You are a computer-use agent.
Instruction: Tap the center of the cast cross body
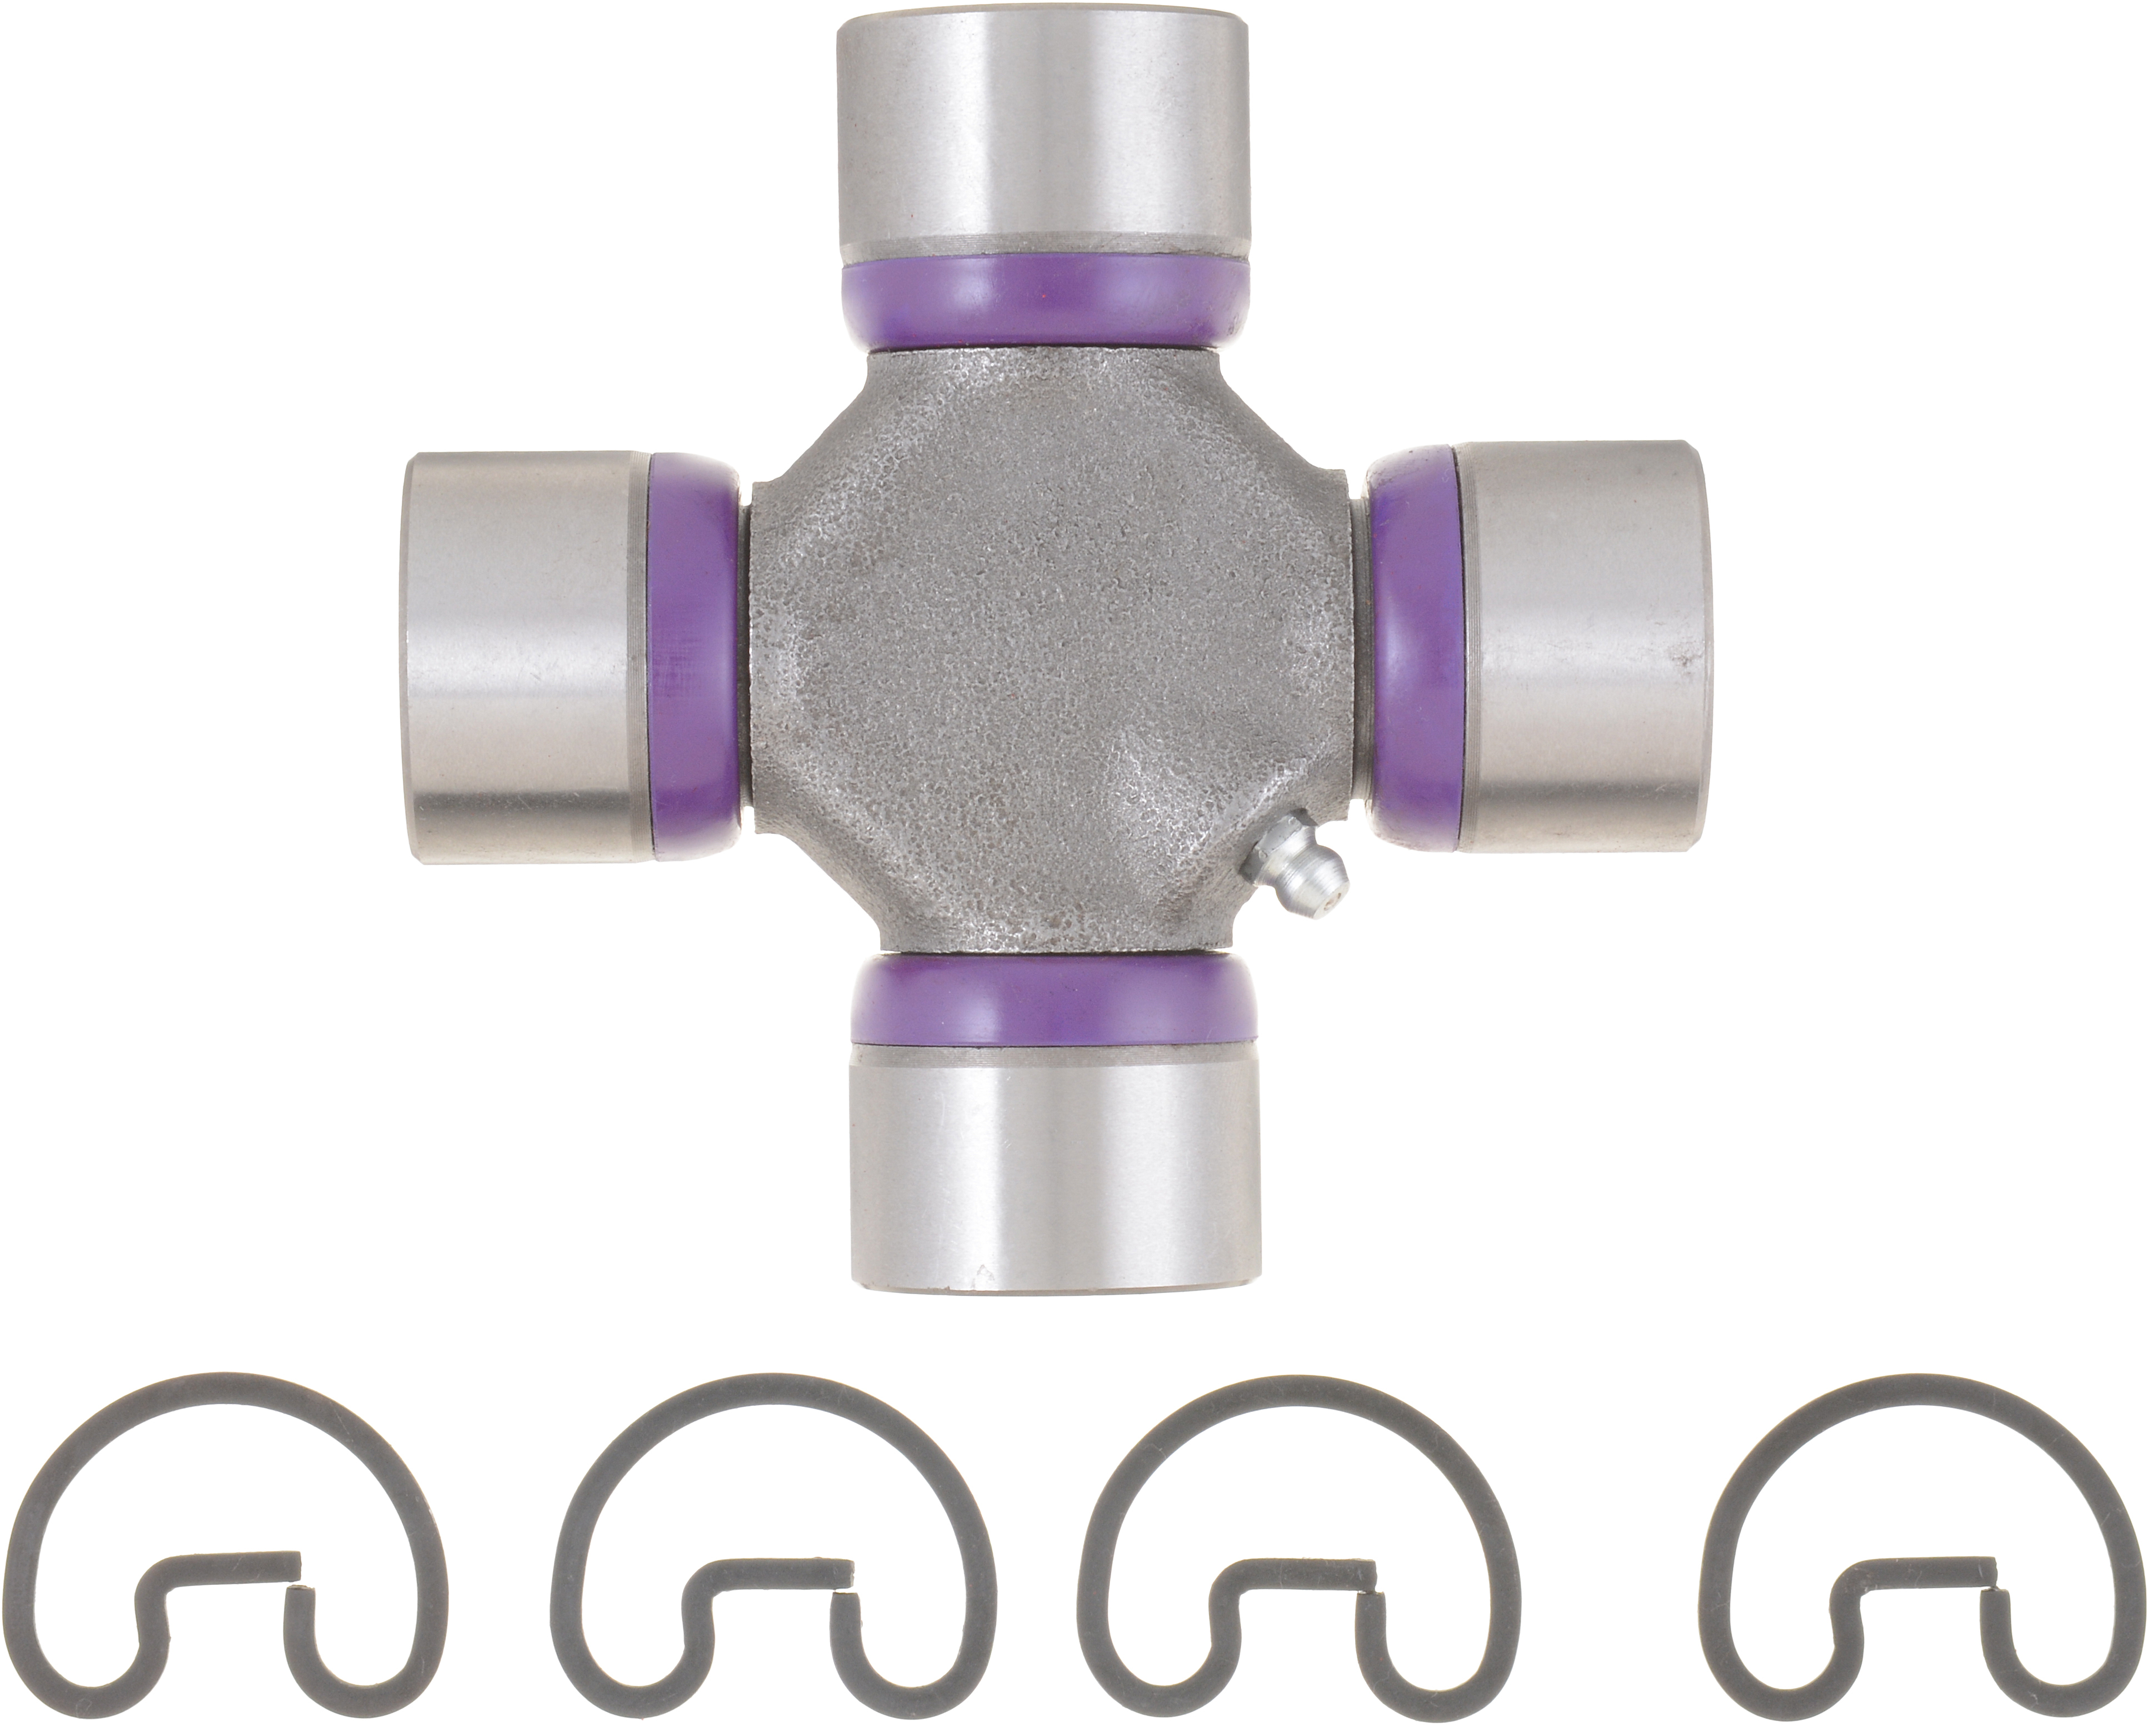(1052, 653)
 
